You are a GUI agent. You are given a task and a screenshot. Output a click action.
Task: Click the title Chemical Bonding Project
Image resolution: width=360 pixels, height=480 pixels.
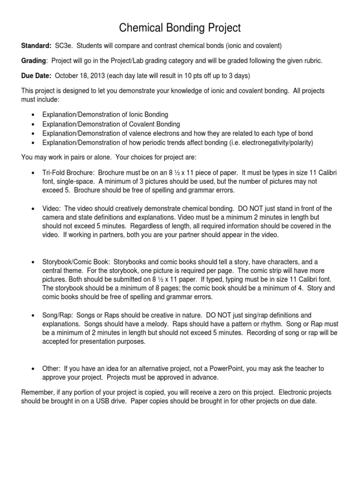coord(180,28)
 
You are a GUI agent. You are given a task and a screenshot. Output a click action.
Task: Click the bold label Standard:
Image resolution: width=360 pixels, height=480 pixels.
coord(37,45)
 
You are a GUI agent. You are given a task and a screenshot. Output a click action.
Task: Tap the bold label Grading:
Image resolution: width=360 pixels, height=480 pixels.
coord(34,60)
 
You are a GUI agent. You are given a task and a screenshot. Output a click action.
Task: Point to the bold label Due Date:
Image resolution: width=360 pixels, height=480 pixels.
coord(36,76)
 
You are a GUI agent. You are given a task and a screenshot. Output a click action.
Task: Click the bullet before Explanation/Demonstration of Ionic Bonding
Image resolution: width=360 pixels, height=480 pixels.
coord(31,115)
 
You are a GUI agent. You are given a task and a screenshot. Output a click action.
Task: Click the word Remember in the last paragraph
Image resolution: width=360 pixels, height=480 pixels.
coord(37,392)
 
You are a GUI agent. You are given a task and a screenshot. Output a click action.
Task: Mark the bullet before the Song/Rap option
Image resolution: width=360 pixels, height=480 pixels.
coord(31,315)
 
